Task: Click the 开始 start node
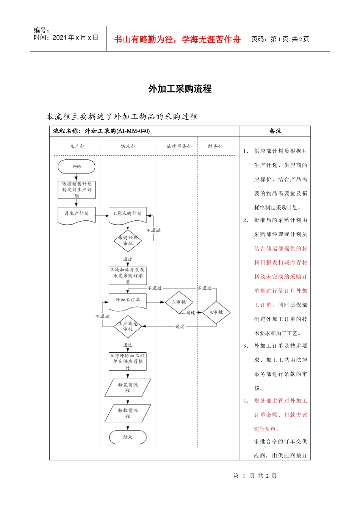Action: point(76,167)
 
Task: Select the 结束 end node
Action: point(128,437)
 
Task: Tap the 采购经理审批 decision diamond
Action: point(128,241)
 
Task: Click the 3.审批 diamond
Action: point(179,302)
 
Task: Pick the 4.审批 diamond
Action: point(216,312)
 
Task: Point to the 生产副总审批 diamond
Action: point(128,326)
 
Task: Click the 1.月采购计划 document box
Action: point(128,214)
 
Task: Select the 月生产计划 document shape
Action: point(76,214)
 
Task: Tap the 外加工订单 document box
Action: point(128,301)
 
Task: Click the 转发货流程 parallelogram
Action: point(128,387)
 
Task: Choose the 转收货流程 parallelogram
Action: point(128,413)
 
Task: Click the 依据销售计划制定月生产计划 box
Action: point(77,190)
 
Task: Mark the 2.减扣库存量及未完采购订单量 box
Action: point(128,275)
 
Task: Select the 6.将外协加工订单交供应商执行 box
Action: point(128,361)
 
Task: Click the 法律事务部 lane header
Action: point(179,146)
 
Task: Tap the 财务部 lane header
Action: point(215,146)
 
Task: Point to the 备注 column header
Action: point(275,131)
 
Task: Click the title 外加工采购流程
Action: point(180,89)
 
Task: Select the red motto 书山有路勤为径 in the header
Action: point(177,39)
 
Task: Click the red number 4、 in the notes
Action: point(246,401)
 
